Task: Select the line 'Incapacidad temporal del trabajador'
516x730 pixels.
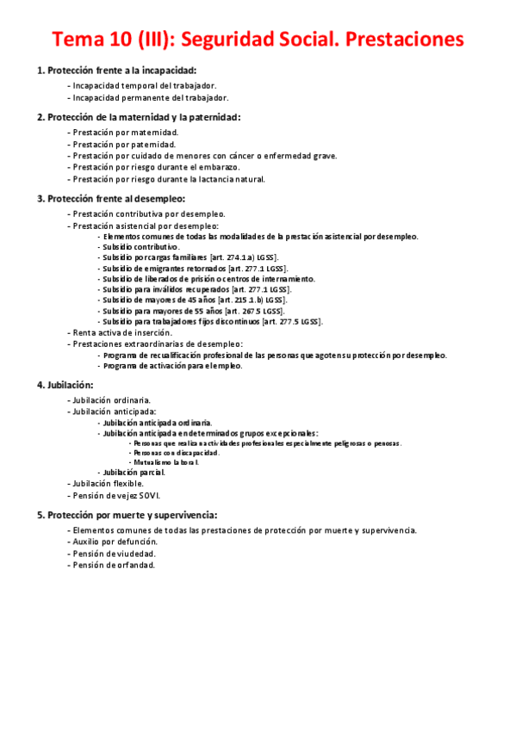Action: tap(144, 86)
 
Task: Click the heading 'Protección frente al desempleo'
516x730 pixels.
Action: tap(111, 199)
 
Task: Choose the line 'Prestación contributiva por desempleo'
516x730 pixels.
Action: tap(149, 213)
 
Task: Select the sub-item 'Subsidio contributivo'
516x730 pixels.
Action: tap(140, 246)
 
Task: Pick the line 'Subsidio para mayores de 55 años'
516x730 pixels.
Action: tap(160, 311)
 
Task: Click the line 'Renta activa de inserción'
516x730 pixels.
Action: tap(122, 332)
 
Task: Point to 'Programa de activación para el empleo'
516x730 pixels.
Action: tap(171, 365)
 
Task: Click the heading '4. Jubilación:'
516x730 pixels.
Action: tap(65, 385)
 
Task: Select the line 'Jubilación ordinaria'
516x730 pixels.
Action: tap(112, 400)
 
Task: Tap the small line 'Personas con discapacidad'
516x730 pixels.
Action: tap(176, 453)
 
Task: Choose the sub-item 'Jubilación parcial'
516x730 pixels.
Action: tap(134, 473)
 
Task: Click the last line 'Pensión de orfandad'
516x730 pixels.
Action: tap(114, 566)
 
